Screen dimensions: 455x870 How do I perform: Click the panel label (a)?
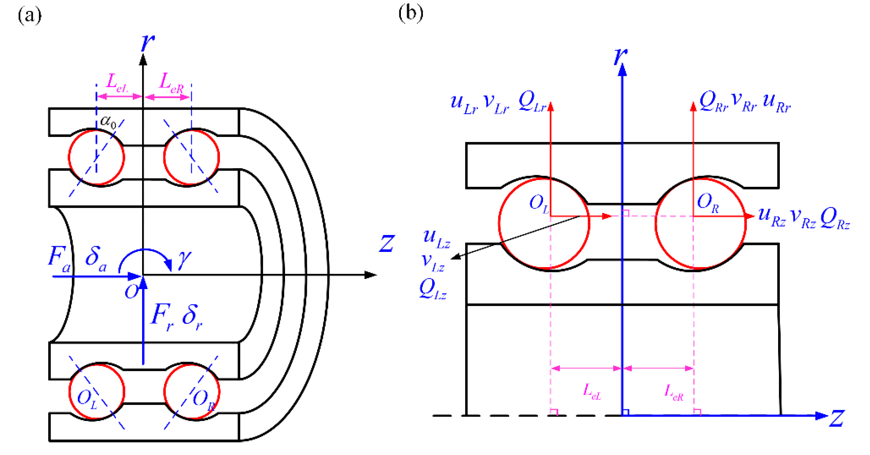tap(30, 15)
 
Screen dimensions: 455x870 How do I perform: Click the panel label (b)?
tap(410, 14)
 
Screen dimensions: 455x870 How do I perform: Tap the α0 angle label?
tap(108, 122)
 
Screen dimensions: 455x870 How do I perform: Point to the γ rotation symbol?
tap(185, 260)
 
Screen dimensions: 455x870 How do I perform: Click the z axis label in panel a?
tap(387, 244)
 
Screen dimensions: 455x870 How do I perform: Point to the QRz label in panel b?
tap(834, 219)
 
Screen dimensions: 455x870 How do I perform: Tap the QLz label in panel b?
tap(432, 290)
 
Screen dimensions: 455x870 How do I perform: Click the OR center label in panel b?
tap(707, 203)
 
